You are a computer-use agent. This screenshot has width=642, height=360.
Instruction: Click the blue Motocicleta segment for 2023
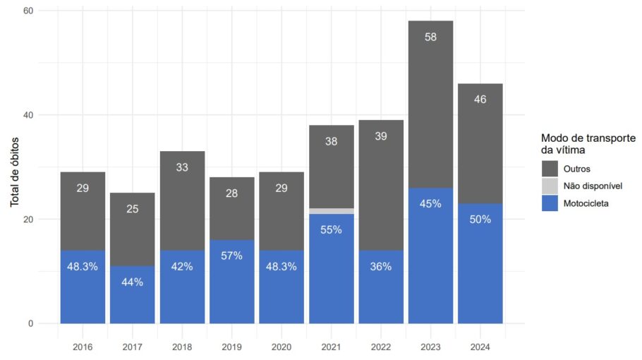tap(430, 268)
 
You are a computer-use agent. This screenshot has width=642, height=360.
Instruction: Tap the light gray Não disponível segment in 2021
tap(331, 211)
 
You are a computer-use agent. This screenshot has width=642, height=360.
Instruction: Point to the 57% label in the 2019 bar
tap(231, 256)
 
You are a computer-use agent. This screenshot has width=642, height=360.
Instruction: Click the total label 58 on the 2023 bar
tap(430, 37)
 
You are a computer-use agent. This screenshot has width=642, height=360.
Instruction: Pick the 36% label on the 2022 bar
tap(381, 267)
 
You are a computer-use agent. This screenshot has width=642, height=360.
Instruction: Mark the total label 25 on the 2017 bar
tap(132, 208)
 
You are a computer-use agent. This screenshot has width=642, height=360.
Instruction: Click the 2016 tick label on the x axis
tap(83, 347)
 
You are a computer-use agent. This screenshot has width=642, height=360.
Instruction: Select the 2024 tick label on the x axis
tap(480, 347)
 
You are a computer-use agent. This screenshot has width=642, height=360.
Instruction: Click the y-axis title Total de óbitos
tap(15, 167)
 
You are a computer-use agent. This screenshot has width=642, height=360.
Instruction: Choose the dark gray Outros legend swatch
tap(550, 168)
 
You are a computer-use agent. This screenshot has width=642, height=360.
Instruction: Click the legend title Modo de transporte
tap(588, 138)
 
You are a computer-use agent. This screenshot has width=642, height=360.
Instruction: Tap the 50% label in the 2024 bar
tap(480, 219)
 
